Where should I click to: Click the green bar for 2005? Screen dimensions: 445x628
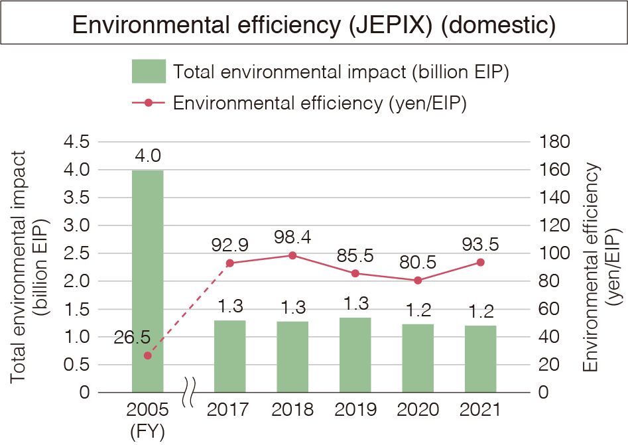pyautogui.click(x=147, y=281)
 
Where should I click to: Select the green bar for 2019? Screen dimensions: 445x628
pyautogui.click(x=355, y=355)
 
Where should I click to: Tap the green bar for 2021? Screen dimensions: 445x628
pyautogui.click(x=480, y=359)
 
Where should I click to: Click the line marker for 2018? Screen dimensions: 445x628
pyautogui.click(x=292, y=255)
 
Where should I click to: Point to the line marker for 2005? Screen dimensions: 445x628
pyautogui.click(x=148, y=355)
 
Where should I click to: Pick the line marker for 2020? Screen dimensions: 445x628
pyautogui.click(x=418, y=281)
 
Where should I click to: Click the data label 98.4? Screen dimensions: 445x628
pyautogui.click(x=292, y=237)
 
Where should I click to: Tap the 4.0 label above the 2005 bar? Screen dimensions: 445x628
pyautogui.click(x=147, y=156)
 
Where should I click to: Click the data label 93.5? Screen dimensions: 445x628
pyautogui.click(x=481, y=243)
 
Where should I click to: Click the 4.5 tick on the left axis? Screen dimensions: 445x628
pyautogui.click(x=76, y=142)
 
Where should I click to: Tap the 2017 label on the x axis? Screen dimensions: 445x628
pyautogui.click(x=229, y=409)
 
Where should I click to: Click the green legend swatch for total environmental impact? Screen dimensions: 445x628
pyautogui.click(x=149, y=72)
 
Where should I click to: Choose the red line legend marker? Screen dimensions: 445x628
pyautogui.click(x=149, y=103)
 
